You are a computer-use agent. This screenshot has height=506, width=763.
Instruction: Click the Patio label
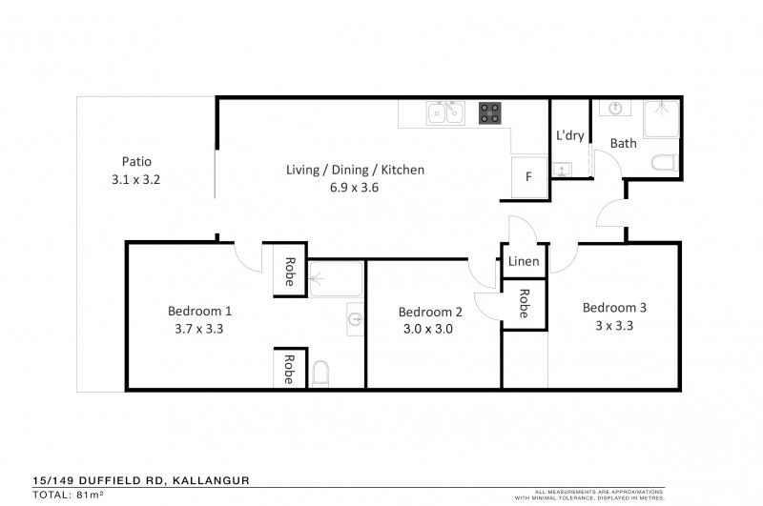tap(136, 161)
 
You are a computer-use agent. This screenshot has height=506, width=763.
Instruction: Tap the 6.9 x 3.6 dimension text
tap(355, 188)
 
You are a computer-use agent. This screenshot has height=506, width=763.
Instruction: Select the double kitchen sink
tap(445, 113)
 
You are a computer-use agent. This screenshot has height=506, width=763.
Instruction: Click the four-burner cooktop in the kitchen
tap(490, 113)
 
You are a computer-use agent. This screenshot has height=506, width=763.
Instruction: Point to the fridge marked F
tap(528, 176)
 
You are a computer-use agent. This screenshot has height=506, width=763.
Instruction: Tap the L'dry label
tap(569, 135)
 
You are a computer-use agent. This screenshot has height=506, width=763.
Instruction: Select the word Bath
tap(623, 144)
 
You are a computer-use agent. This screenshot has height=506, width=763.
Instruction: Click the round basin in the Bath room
tap(615, 108)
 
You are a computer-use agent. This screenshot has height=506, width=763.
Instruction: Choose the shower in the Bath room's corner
tap(660, 116)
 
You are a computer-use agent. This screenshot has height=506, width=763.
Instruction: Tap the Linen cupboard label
tap(525, 261)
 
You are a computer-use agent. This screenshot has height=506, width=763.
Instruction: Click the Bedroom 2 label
tap(430, 312)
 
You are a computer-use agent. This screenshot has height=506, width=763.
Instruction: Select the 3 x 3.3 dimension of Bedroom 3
tap(614, 325)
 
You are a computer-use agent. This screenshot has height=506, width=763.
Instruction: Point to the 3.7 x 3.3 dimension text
tap(199, 329)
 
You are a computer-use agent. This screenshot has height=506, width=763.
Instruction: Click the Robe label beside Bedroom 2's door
tap(525, 304)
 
